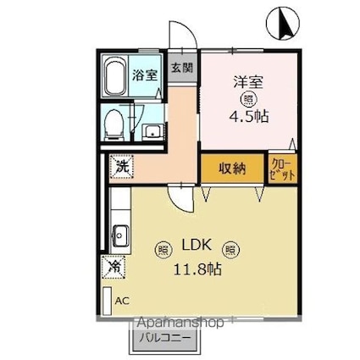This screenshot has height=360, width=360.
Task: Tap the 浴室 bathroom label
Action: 145,75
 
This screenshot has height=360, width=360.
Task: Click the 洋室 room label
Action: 248,82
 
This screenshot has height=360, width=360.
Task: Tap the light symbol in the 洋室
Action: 247,99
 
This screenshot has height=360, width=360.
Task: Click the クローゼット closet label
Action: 282,168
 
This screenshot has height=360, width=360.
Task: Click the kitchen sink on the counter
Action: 119,233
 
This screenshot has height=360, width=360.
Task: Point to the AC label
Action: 123,301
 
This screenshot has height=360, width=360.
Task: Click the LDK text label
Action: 195,249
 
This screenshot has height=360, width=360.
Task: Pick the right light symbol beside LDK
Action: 230,250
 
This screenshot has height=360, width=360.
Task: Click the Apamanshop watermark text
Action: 179,324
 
